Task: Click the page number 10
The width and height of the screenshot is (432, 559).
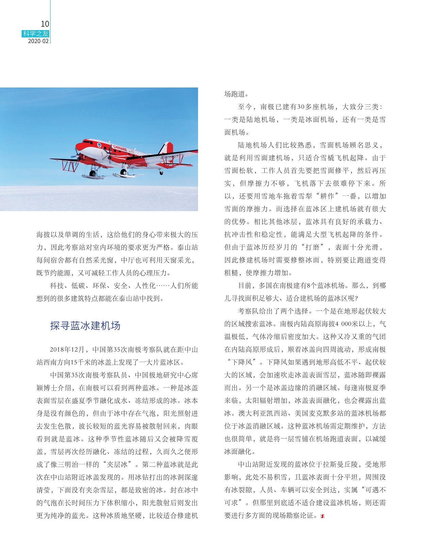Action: [45, 24]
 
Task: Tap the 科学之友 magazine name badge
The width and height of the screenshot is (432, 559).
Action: [36, 33]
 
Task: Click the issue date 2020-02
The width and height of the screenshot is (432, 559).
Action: [38, 41]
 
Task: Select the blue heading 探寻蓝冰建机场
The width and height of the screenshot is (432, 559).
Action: [85, 326]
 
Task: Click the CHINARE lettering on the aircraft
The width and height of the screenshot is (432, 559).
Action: [120, 148]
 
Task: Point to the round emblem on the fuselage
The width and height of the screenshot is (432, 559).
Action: [99, 145]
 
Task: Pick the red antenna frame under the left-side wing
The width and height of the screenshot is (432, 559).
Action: [70, 166]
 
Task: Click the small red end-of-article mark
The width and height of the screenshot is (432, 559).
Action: [322, 516]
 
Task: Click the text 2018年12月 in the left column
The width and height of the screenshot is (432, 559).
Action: [67, 350]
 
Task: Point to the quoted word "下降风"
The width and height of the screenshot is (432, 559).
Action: [243, 362]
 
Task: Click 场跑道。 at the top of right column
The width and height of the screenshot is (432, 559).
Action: [236, 94]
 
